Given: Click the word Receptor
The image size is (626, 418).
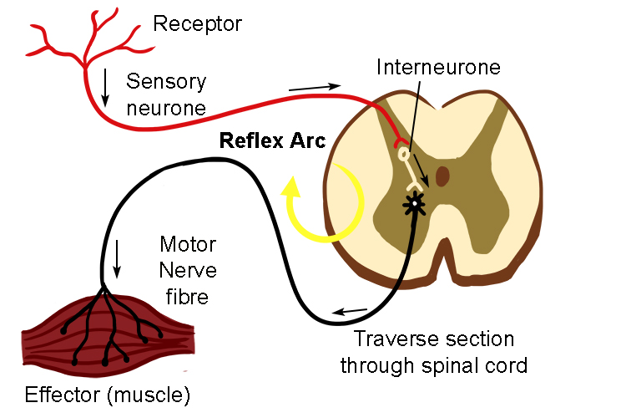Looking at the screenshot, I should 197,23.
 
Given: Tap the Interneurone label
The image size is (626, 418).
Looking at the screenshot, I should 438,67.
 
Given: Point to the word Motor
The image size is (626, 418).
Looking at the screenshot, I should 188,246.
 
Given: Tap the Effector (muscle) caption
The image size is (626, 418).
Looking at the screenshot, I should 108,394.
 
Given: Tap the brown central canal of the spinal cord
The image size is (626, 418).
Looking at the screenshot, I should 442,176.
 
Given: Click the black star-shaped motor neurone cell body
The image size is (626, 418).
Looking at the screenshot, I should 411,201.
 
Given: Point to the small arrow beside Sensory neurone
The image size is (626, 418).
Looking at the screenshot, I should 105,88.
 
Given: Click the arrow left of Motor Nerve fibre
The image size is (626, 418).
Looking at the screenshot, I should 117,259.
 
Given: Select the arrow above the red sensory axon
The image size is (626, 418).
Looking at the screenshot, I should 315,87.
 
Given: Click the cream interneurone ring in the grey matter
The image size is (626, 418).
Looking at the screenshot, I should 405,155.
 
